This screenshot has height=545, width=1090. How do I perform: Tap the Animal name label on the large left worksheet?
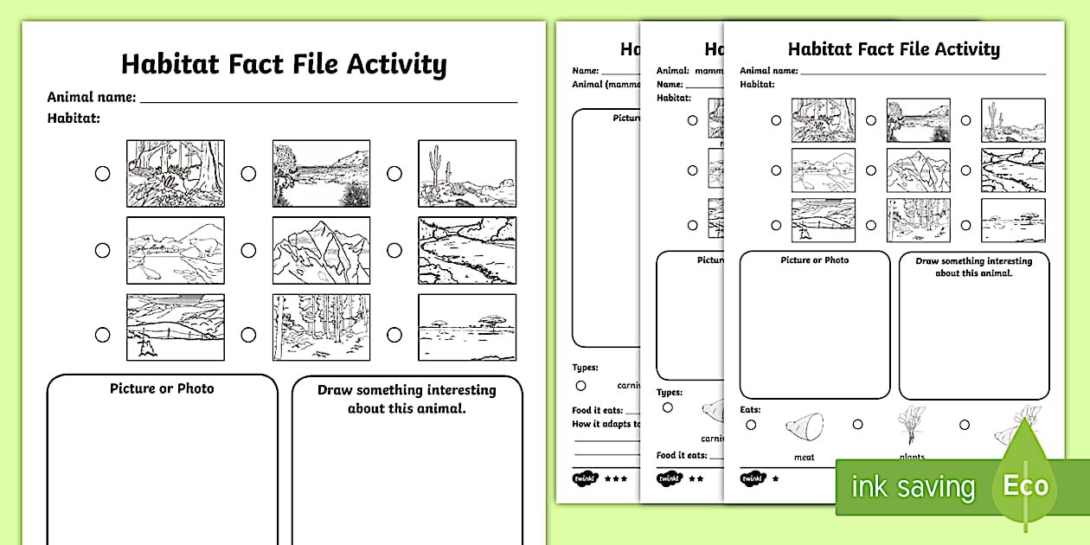point(91,97)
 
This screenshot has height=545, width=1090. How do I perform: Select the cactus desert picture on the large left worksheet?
point(467,173)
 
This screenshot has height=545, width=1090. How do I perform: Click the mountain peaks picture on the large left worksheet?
point(321,250)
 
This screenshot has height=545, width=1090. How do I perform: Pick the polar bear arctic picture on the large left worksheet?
point(176,250)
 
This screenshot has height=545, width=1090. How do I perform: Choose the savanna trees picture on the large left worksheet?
point(467,327)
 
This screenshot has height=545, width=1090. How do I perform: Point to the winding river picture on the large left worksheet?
point(467,250)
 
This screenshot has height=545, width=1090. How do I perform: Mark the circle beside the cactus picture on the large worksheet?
point(394,174)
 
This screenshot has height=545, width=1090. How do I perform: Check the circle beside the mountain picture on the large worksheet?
point(248,251)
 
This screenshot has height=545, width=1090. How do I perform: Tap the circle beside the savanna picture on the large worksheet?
point(394,334)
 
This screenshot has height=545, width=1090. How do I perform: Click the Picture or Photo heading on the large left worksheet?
point(162,388)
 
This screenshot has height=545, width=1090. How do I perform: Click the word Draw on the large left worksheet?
point(335,390)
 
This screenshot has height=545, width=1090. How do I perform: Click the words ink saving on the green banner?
point(913,487)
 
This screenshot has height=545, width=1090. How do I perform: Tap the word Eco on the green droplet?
point(1025,485)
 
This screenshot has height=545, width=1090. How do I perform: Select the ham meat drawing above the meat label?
point(804,427)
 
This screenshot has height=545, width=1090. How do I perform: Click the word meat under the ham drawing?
point(804,458)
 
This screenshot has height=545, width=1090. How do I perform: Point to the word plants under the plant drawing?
point(911,457)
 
